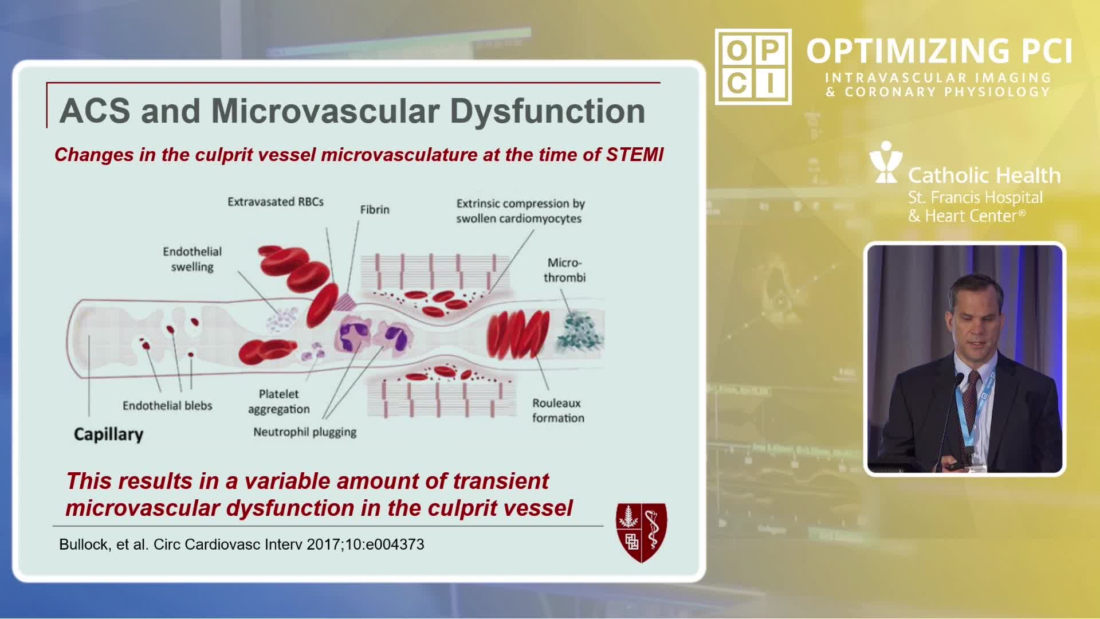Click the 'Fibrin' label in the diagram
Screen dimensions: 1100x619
coord(375,210)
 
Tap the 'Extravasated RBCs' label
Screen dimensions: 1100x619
coord(276,202)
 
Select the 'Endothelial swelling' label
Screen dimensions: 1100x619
coord(192,259)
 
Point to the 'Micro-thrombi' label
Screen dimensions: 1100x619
coord(564,270)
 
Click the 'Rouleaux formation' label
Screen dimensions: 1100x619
coord(558,410)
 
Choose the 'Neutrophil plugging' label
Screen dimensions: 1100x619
coord(305,432)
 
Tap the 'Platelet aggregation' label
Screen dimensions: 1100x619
coord(279,401)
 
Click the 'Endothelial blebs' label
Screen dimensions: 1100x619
coord(167,406)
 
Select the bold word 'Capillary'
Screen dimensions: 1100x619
coord(108,434)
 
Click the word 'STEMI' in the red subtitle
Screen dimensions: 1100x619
coord(634,154)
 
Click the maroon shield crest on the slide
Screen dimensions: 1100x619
coord(641,532)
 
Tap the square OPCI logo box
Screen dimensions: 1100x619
coord(753,66)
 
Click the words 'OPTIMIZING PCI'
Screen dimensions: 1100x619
coord(939,51)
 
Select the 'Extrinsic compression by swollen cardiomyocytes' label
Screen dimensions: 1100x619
coord(520,211)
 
